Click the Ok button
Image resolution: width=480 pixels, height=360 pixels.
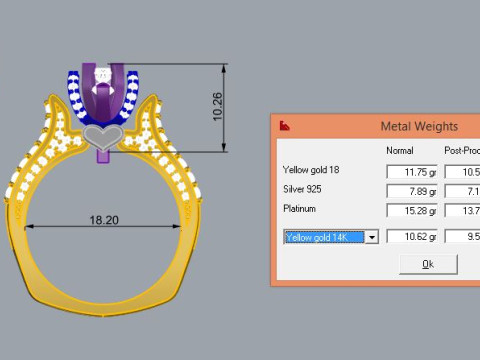[x=428, y=264]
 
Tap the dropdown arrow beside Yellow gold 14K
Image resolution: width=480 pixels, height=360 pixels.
[x=372, y=237]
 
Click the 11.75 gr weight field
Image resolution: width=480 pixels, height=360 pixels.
[x=411, y=171]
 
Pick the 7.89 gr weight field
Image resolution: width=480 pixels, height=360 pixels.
[x=411, y=190]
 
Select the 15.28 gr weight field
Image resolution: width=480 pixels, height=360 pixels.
[x=411, y=209]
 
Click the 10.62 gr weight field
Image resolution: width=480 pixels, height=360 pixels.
[x=411, y=237]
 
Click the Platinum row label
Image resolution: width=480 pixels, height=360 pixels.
[x=299, y=209]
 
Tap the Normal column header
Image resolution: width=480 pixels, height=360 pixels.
[x=401, y=150]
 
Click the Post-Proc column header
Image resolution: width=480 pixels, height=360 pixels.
[x=461, y=150]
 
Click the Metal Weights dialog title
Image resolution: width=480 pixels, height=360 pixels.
[x=420, y=126]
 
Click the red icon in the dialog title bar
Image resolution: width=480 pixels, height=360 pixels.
[x=285, y=126]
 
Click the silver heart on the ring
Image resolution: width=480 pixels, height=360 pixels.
[x=103, y=134]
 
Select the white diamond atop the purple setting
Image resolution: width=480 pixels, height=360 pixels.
[x=103, y=75]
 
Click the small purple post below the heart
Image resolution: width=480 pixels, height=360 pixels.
[x=103, y=154]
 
